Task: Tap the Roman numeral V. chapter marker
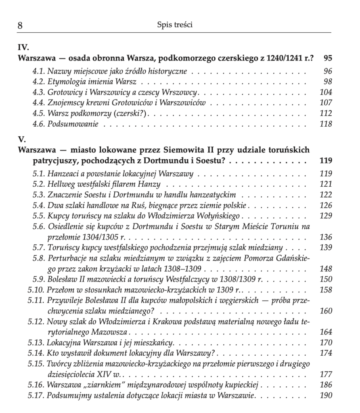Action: [x=22, y=140]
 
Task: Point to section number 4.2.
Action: [x=39, y=82]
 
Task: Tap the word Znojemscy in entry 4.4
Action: [x=63, y=103]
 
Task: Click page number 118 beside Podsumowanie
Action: [x=325, y=124]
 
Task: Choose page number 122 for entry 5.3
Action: [x=325, y=195]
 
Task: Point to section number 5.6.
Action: [x=39, y=227]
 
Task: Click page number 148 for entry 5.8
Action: [x=325, y=268]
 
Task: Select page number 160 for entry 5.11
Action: [x=325, y=311]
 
